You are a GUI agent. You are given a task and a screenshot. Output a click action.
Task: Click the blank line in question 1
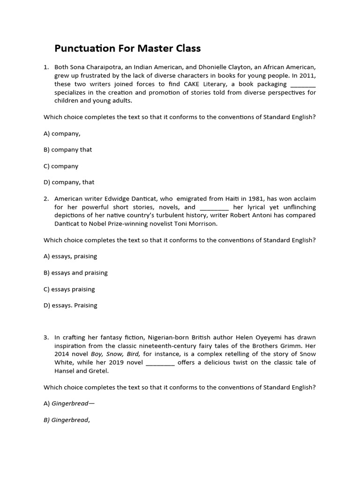(x=303, y=84)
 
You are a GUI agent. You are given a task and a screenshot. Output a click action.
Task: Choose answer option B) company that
(x=68, y=150)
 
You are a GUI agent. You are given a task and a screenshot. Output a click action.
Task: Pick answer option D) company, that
(x=69, y=182)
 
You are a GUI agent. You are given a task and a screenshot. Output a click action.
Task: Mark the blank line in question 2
(x=214, y=207)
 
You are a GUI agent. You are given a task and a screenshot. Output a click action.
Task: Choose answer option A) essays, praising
(x=70, y=256)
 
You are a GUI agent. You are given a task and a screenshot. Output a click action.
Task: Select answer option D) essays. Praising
(x=70, y=305)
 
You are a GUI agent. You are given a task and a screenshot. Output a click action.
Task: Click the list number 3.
(x=46, y=337)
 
